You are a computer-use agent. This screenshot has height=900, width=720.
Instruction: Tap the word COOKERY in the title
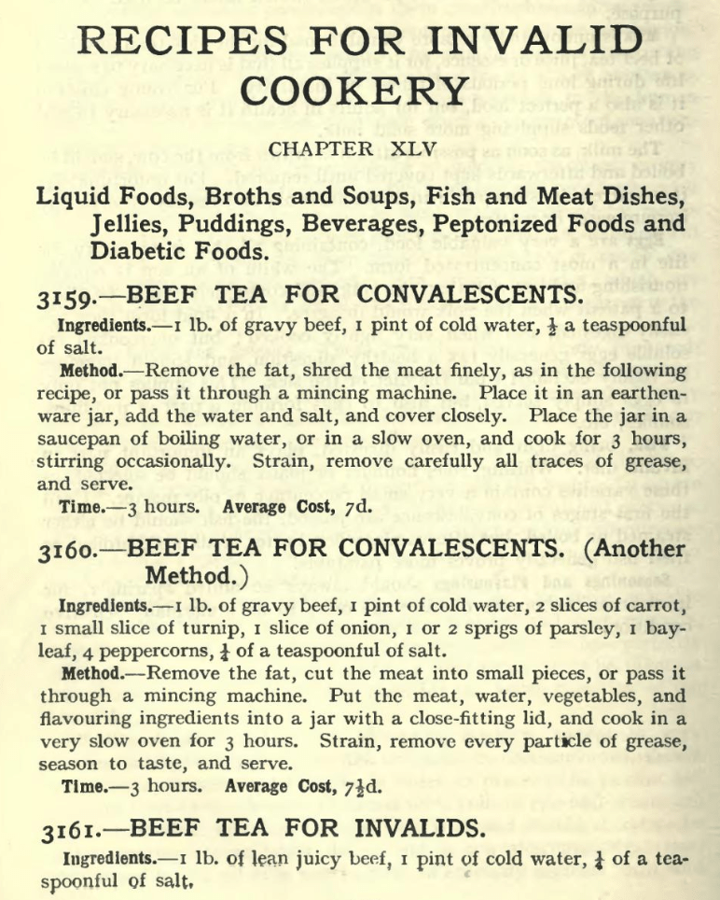coord(359,91)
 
